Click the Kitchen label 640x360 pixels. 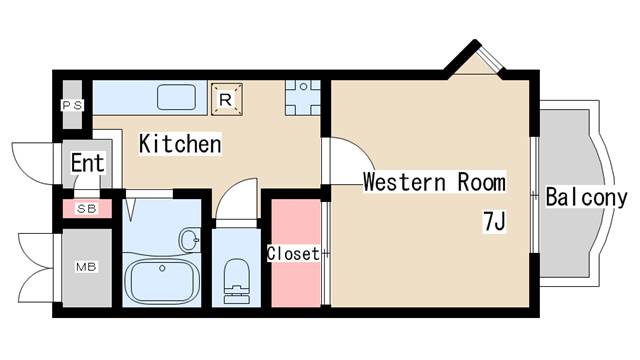pyautogui.click(x=180, y=144)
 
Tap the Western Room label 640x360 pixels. pyautogui.click(x=434, y=182)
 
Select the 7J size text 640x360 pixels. pyautogui.click(x=494, y=222)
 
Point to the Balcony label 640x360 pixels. pyautogui.click(x=586, y=198)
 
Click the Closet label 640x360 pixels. pyautogui.click(x=293, y=253)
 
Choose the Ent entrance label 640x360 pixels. pyautogui.click(x=87, y=163)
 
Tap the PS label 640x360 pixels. pyautogui.click(x=72, y=106)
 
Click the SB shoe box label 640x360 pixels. pyautogui.click(x=87, y=209)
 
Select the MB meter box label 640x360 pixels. pyautogui.click(x=86, y=267)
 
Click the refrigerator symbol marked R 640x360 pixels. pyautogui.click(x=227, y=99)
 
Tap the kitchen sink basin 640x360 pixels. pyautogui.click(x=176, y=97)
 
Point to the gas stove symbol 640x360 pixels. pyautogui.click(x=303, y=98)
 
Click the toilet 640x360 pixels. pyautogui.click(x=236, y=281)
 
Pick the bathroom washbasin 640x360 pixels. pyautogui.click(x=190, y=240)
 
